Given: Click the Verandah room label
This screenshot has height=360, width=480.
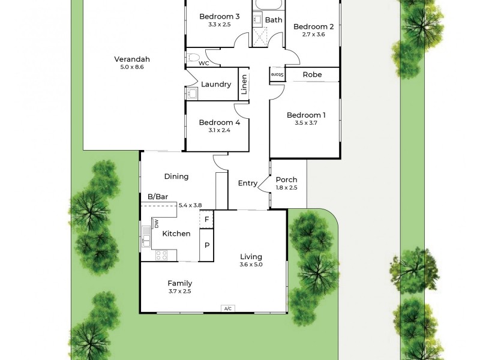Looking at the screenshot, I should [132, 59].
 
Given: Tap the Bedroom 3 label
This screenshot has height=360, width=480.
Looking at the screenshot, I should [220, 16].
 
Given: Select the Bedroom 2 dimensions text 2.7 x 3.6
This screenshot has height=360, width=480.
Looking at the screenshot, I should [313, 35].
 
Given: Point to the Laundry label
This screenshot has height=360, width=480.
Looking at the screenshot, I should [216, 85].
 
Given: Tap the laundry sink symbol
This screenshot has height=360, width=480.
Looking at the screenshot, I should [193, 93].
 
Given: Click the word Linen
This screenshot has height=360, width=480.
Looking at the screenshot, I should [244, 85].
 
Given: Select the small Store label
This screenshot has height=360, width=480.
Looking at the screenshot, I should [277, 74].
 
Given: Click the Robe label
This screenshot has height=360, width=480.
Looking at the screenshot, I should [312, 74].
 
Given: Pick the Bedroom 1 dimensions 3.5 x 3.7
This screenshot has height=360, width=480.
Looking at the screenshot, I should [306, 123].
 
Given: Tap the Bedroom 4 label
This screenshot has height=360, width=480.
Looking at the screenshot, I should [220, 122].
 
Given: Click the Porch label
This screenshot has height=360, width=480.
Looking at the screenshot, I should [286, 179].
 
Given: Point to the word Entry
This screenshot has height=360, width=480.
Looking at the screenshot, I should [248, 184].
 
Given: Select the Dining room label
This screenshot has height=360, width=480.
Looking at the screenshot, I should [176, 176].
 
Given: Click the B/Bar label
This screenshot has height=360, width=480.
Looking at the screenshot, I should [158, 196].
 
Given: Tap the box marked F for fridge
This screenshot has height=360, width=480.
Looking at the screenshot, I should [206, 219].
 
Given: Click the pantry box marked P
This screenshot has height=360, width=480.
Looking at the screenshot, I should [206, 245].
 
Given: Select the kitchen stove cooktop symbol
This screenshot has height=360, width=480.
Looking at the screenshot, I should [161, 255].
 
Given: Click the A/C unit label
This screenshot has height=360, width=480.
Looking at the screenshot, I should [227, 308].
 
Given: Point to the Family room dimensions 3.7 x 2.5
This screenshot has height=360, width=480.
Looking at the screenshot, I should [180, 292].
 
